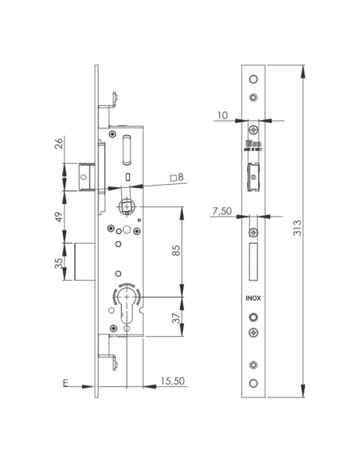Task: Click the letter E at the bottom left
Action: point(65,384)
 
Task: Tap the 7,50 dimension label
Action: point(223,213)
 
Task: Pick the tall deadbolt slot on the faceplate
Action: point(252,261)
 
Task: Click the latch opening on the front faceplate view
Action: point(253,177)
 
